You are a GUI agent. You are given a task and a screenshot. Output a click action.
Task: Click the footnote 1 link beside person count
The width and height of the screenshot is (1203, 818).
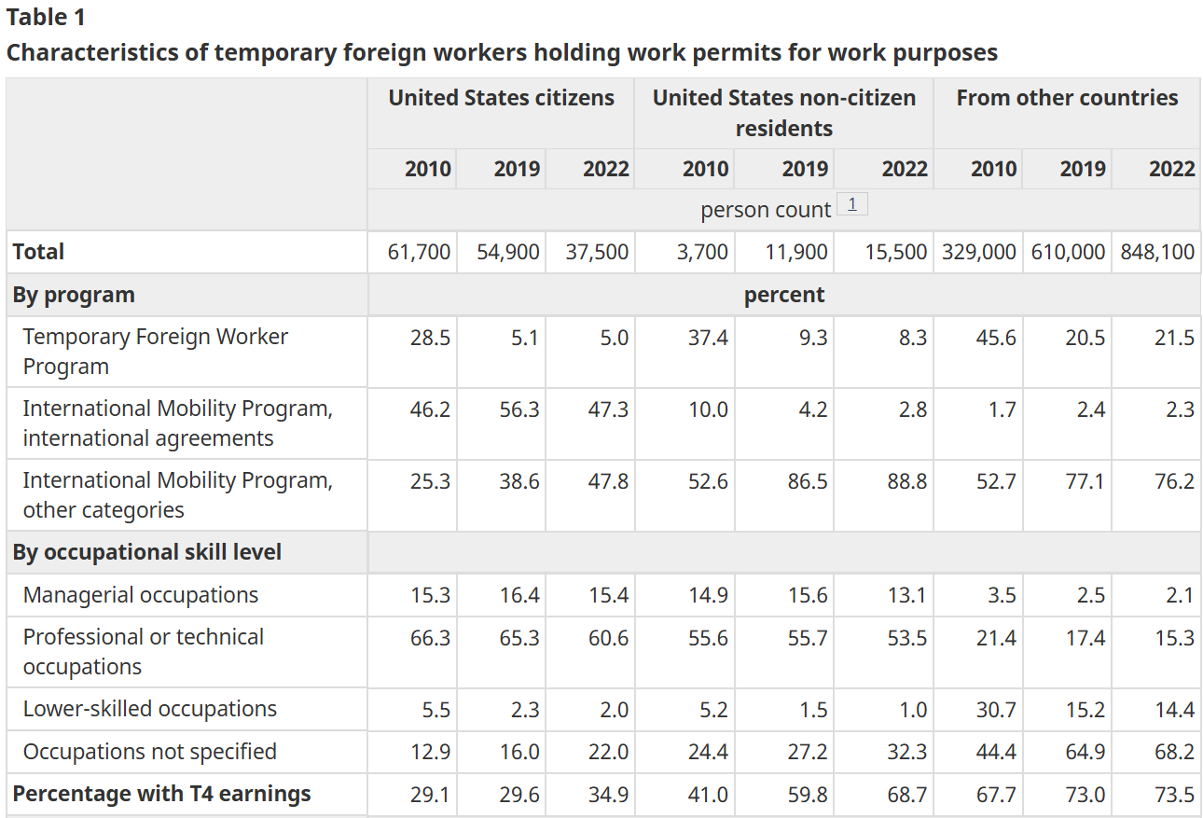coord(851,204)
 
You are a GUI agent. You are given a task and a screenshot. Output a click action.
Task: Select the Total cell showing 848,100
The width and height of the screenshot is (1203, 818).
coord(1157,252)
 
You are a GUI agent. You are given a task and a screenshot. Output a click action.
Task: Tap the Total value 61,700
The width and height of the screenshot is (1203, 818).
coord(419,252)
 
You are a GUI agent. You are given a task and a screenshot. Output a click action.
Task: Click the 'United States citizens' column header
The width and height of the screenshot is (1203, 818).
coord(501,98)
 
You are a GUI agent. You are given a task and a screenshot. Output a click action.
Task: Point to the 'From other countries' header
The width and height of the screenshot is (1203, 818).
coord(1067,98)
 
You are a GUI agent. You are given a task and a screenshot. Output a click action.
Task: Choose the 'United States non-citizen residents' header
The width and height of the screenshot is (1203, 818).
coord(784,113)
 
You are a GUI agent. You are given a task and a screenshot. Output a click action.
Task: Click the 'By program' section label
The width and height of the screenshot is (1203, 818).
coord(74,295)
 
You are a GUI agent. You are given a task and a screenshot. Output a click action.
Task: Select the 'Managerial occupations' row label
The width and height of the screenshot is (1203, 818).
coord(141,595)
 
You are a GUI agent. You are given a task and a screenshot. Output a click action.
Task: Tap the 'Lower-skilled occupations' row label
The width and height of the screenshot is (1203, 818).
coord(150,709)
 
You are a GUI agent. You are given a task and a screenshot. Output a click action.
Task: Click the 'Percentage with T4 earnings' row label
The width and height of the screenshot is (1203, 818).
coord(161,794)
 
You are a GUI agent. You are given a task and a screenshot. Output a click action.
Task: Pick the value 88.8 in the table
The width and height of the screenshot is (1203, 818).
coord(907,481)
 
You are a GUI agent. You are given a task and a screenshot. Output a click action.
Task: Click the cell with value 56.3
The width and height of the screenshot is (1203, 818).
coord(519,409)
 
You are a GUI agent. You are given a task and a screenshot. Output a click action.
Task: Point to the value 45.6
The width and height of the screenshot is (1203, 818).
coord(996,338)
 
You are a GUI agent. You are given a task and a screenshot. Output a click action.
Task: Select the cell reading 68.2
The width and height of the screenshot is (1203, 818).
coord(1174,752)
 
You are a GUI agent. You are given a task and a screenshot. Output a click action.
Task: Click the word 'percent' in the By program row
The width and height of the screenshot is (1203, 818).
coord(784,295)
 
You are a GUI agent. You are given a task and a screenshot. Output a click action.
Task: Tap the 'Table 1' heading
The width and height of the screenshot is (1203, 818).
coord(46,17)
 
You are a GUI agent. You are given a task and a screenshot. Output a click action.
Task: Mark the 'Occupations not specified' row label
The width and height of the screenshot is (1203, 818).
coord(150,752)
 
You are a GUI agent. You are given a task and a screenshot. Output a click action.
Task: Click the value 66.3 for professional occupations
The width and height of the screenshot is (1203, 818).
coord(430,638)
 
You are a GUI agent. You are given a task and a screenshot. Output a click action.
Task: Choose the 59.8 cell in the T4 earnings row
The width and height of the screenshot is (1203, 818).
coord(808,795)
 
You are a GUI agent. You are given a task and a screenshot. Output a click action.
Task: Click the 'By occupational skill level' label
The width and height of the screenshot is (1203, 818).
coord(147,552)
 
